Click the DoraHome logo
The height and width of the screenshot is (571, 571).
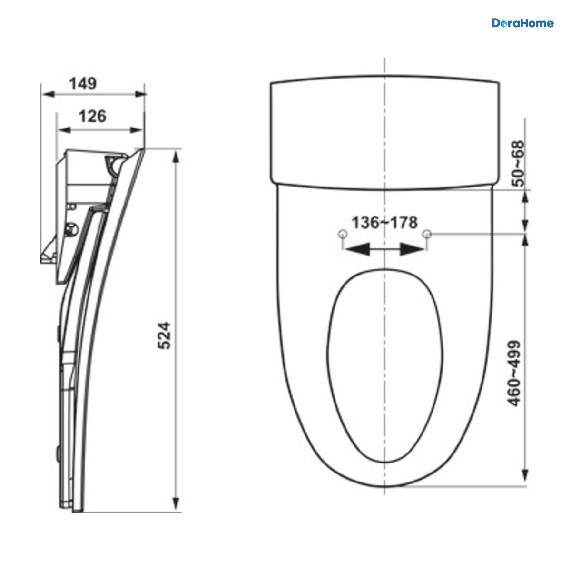(x=522, y=23)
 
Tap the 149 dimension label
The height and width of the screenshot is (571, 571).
(x=83, y=84)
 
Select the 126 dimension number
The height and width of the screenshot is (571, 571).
(x=92, y=116)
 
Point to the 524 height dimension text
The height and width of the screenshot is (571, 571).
(x=164, y=335)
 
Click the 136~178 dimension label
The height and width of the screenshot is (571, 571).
(x=384, y=222)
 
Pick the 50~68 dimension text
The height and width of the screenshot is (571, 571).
(x=518, y=164)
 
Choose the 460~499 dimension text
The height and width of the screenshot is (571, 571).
(x=513, y=374)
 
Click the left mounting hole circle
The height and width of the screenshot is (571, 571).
(x=343, y=234)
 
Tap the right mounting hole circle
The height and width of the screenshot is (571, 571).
(x=427, y=234)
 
